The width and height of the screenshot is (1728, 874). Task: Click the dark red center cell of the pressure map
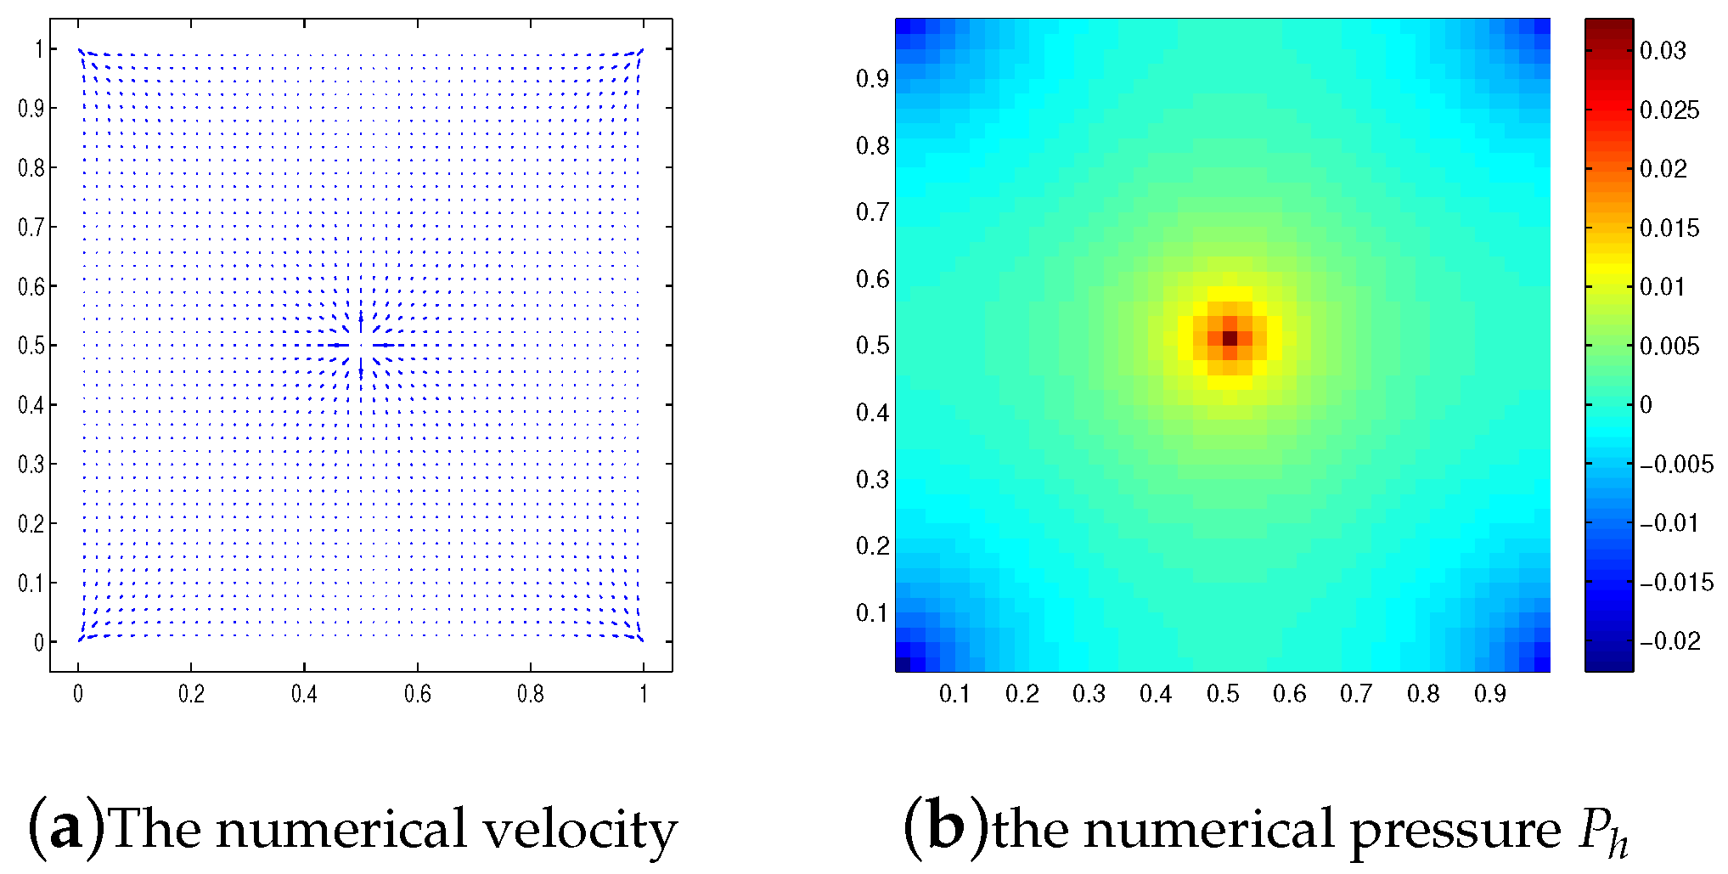(x=1230, y=338)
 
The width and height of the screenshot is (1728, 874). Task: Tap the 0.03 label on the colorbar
(x=1662, y=51)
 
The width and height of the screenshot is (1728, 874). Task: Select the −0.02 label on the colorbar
(x=1669, y=641)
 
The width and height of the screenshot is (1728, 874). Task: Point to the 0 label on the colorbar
(x=1646, y=405)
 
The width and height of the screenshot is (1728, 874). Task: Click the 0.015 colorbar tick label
(x=1669, y=228)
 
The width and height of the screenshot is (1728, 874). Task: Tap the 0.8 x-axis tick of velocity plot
(x=530, y=695)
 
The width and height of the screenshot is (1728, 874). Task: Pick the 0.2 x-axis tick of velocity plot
(x=191, y=695)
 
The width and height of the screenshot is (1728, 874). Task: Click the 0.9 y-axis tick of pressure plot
(x=872, y=79)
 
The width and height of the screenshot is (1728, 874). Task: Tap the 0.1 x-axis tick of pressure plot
(x=954, y=695)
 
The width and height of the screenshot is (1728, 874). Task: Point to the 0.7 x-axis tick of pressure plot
(x=1356, y=695)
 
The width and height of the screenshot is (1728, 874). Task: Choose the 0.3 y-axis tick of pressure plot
(x=872, y=480)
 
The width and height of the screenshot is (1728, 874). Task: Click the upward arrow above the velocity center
(x=361, y=321)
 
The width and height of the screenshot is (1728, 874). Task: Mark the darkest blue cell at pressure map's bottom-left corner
(x=903, y=665)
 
